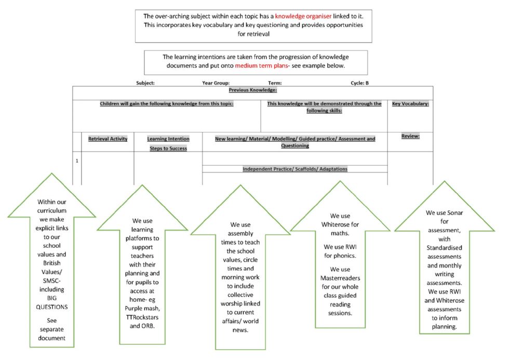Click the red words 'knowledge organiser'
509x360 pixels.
(x=303, y=16)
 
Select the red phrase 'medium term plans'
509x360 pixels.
(x=261, y=65)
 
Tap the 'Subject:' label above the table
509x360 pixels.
(x=145, y=83)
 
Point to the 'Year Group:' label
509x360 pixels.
(x=216, y=83)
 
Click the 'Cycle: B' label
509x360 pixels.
(x=359, y=83)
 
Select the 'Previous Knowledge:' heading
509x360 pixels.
(x=253, y=90)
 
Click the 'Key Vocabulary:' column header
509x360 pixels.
(x=410, y=103)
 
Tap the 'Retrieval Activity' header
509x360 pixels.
(x=108, y=139)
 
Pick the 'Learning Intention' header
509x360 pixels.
(x=168, y=139)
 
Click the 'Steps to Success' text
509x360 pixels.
(x=168, y=149)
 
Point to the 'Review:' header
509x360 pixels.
(x=410, y=136)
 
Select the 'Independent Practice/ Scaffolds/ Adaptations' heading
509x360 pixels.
(x=295, y=169)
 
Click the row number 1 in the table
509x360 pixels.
(x=77, y=161)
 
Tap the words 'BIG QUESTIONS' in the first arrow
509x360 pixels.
(x=52, y=302)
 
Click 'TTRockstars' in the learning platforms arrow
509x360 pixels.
(x=142, y=317)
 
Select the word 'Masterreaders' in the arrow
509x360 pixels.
(x=340, y=278)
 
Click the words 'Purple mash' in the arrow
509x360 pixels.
(x=142, y=309)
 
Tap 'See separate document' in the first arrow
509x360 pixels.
(x=52, y=329)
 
